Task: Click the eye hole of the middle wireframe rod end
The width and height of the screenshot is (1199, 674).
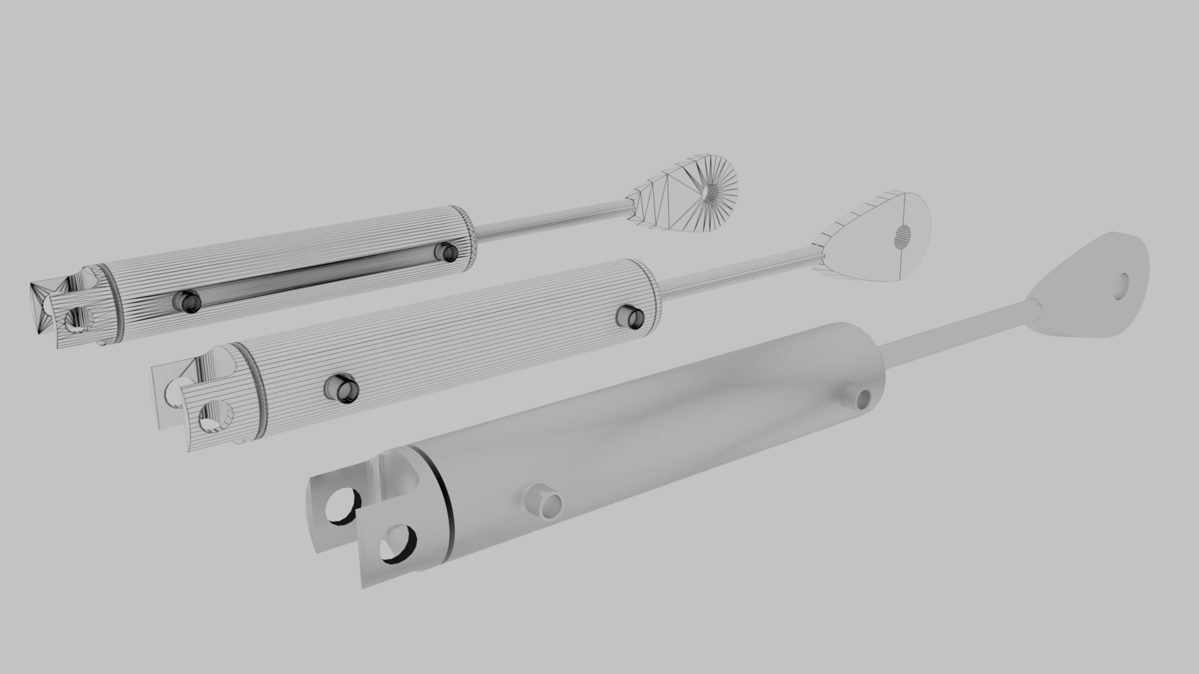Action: [x=902, y=235]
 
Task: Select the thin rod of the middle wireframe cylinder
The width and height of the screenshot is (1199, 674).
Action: [x=737, y=278]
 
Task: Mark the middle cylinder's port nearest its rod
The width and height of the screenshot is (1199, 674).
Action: [x=631, y=316]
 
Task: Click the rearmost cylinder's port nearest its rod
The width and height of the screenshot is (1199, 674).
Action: [x=447, y=252]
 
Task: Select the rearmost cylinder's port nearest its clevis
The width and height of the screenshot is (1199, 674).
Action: [x=186, y=301]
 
